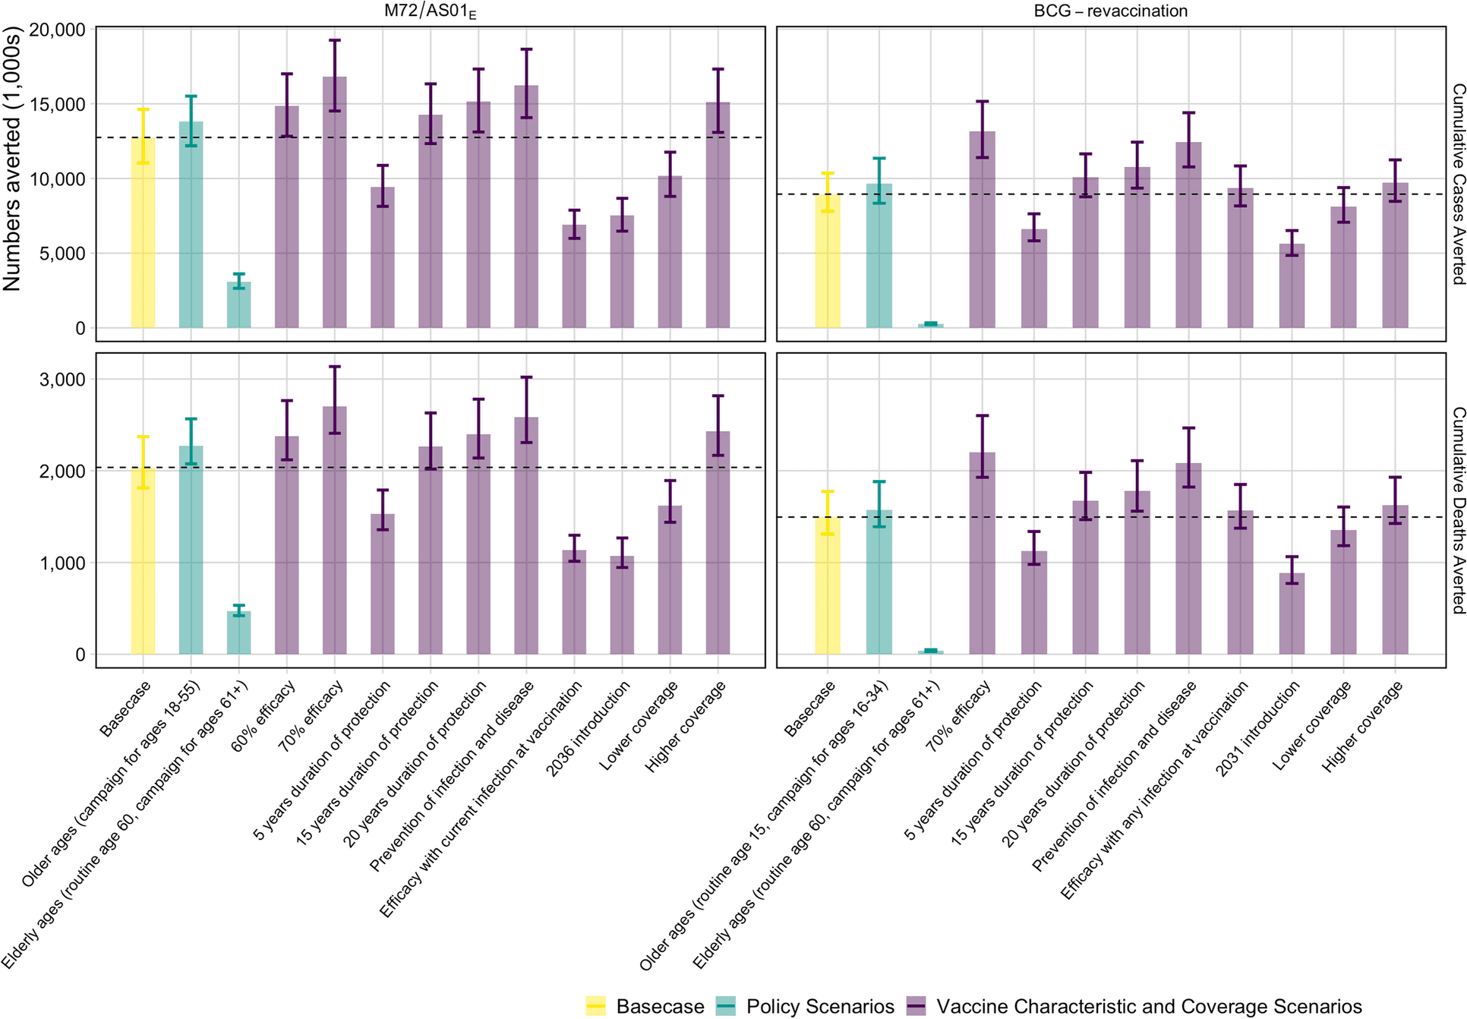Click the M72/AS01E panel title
(430, 11)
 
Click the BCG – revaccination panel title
(1110, 11)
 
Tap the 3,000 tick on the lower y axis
(62, 380)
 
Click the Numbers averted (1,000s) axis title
(12, 159)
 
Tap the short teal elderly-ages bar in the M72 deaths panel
(239, 633)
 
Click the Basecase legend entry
(645, 1006)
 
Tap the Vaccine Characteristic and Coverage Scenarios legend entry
(1135, 1006)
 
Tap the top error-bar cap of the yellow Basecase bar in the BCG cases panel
(828, 174)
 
